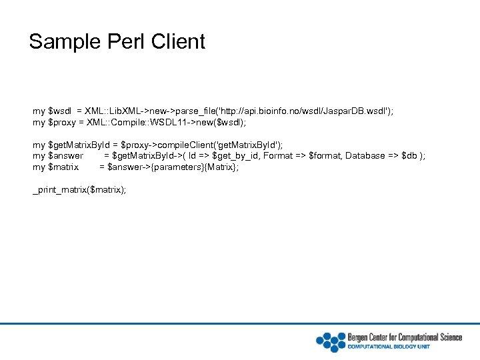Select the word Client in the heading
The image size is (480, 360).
(x=178, y=42)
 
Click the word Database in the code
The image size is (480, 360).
(x=364, y=156)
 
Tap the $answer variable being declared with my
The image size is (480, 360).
(x=67, y=156)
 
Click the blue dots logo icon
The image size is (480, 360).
(x=330, y=341)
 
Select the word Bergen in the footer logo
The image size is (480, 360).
(x=360, y=337)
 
